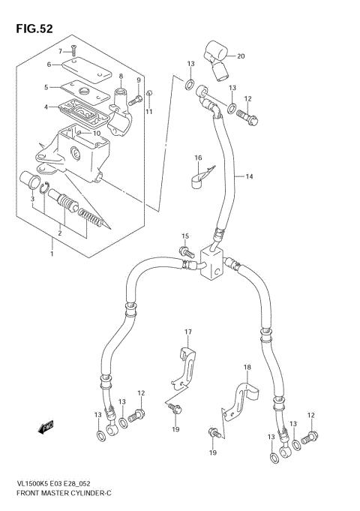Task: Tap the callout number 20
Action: point(241,56)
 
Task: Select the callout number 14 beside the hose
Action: point(249,176)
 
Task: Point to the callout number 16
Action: point(199,158)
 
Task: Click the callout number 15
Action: point(184,237)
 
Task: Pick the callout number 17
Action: point(189,332)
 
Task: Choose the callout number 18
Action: point(247,367)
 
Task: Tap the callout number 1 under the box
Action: point(52,253)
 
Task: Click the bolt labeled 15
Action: point(184,253)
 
